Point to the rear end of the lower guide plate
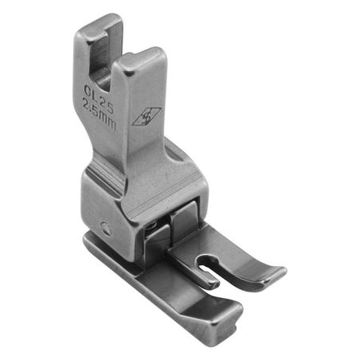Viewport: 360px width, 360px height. click(92, 239)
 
